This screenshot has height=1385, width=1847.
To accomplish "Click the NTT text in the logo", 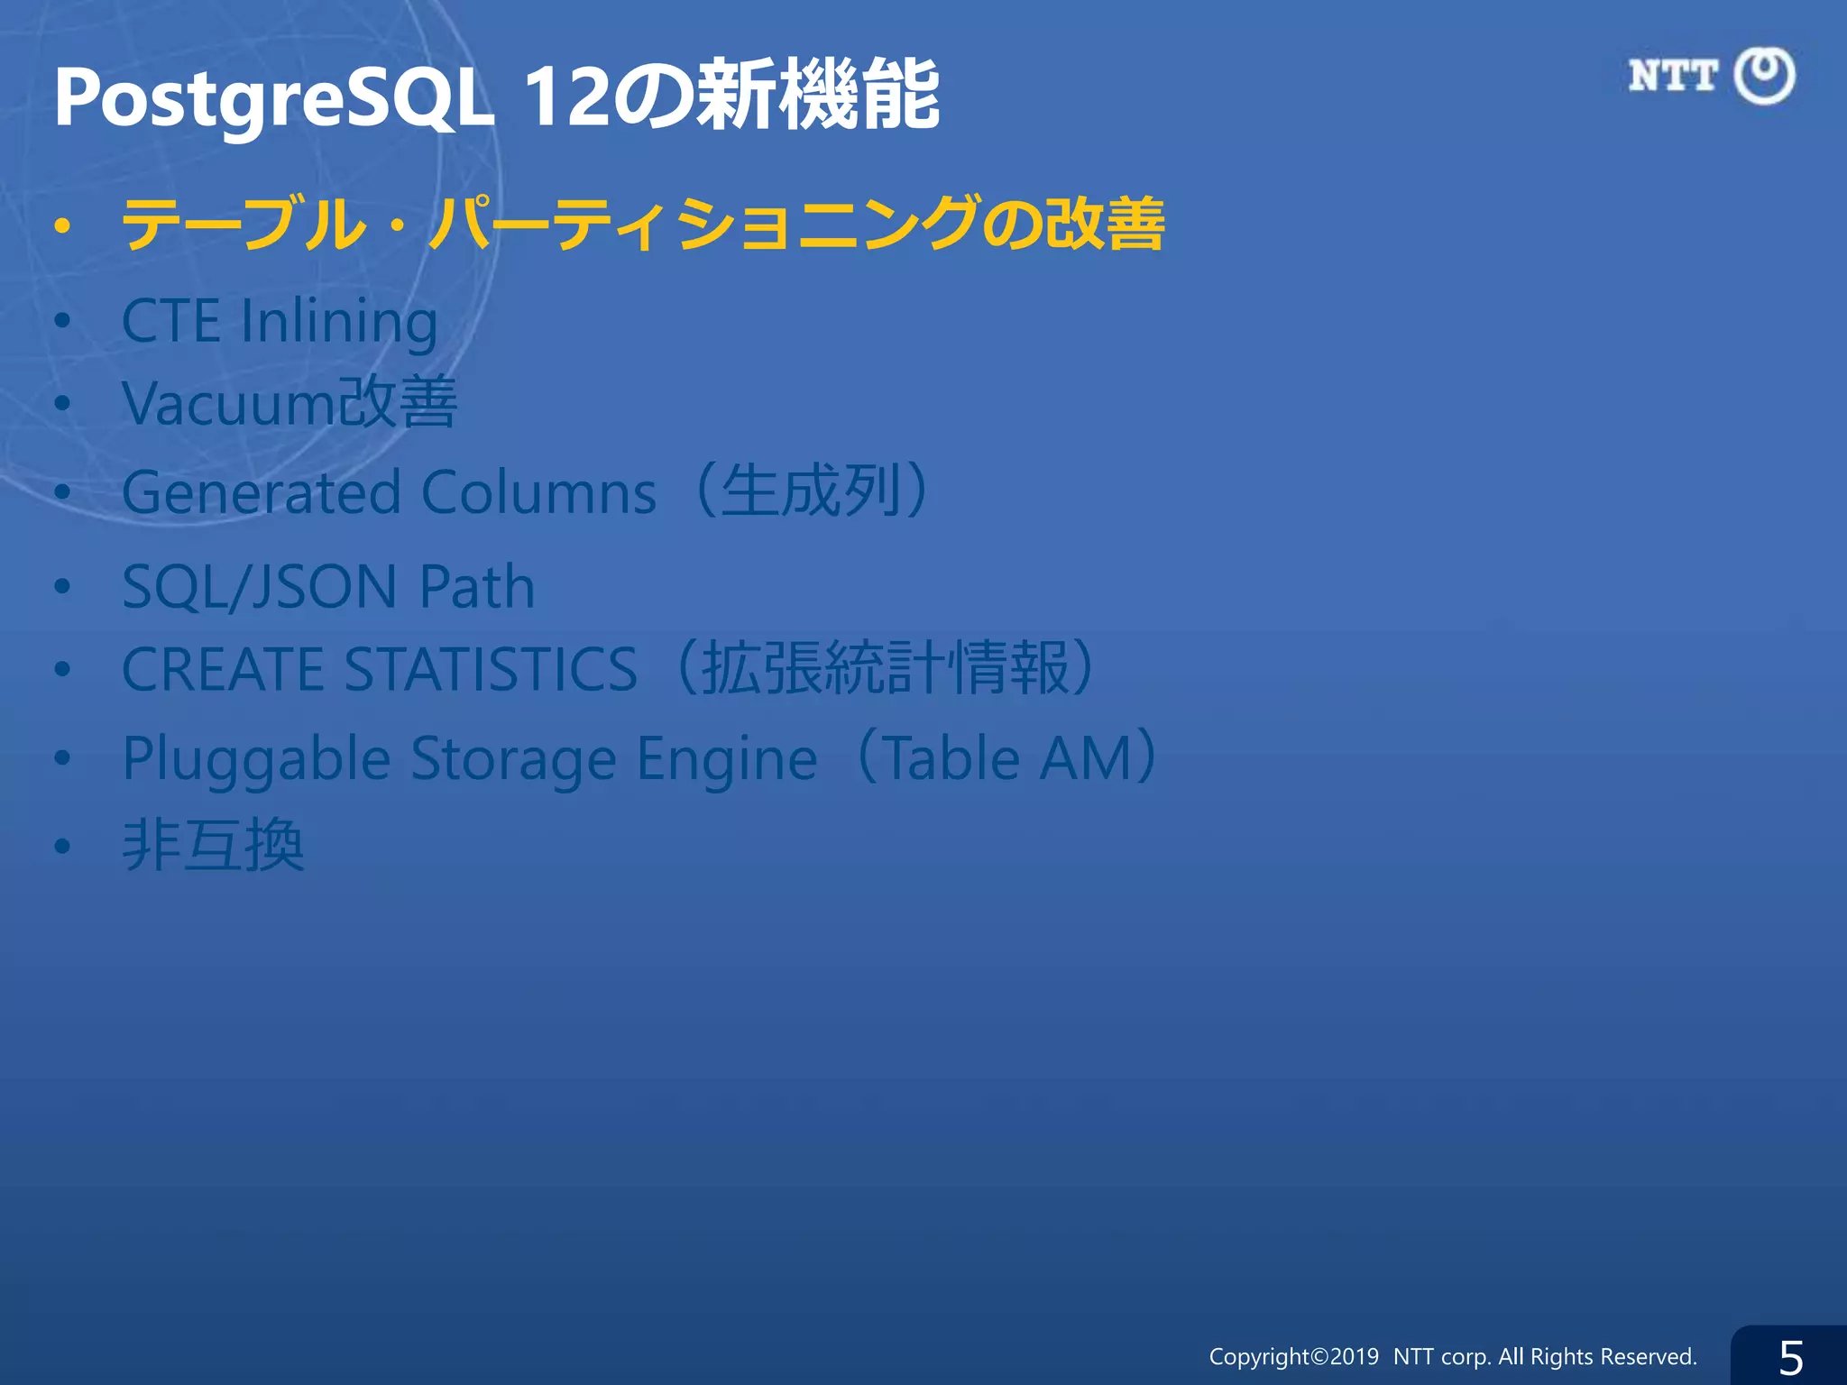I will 1673,76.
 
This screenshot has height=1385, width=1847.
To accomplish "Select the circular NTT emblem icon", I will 1764,76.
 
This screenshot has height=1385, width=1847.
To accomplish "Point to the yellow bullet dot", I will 61,226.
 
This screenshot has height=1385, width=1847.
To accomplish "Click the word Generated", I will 262,493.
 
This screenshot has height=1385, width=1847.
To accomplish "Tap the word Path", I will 477,587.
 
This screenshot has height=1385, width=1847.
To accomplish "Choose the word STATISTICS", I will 492,669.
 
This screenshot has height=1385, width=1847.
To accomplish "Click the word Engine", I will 727,758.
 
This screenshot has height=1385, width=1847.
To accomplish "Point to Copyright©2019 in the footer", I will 1293,1356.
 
